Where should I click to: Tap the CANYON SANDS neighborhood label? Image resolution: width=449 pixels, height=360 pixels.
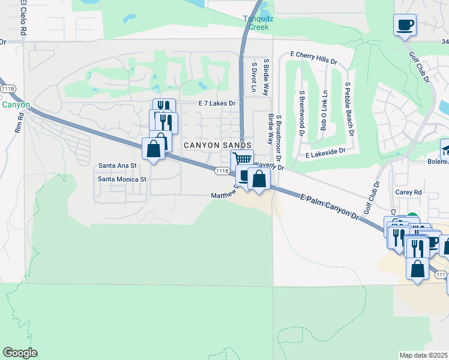[217, 145]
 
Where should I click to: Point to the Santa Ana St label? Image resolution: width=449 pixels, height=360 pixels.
[118, 165]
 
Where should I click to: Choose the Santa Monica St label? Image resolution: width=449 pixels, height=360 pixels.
[122, 179]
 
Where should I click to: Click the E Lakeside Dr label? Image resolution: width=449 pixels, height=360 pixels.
[325, 154]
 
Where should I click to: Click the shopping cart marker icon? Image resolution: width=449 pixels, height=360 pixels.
[241, 160]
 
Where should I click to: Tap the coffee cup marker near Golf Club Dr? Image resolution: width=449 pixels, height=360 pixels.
[405, 25]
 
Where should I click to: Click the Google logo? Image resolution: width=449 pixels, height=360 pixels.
[20, 353]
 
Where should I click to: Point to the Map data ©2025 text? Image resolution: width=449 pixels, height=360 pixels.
[423, 355]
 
